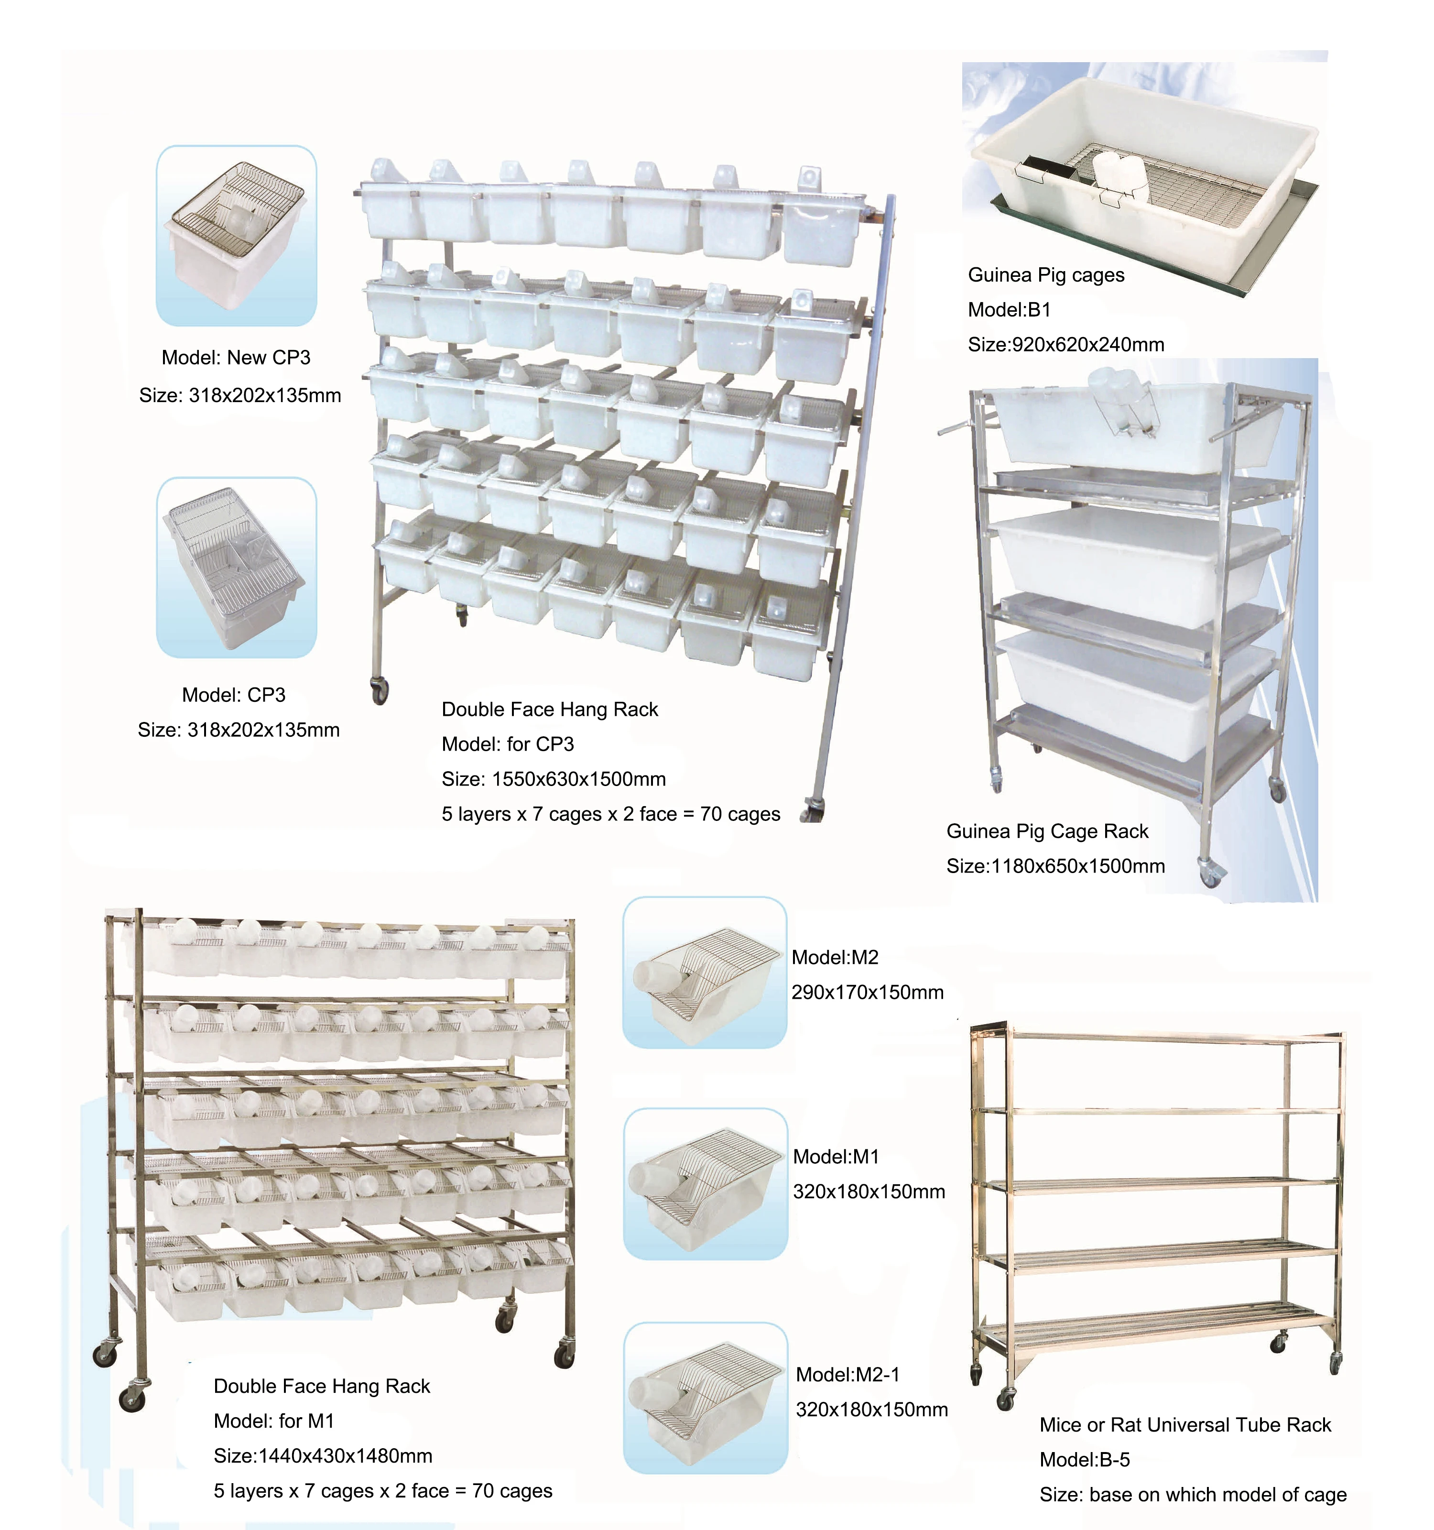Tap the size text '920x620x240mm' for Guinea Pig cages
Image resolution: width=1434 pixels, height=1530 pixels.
click(1087, 344)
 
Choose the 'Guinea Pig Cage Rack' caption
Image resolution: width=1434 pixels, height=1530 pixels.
click(1046, 831)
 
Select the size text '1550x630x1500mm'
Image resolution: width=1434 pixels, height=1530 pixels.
click(578, 779)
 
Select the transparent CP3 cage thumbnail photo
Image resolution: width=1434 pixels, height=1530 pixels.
click(236, 567)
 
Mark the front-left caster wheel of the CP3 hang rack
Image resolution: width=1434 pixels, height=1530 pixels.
click(379, 690)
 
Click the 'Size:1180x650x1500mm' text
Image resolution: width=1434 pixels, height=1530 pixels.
click(1055, 866)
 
